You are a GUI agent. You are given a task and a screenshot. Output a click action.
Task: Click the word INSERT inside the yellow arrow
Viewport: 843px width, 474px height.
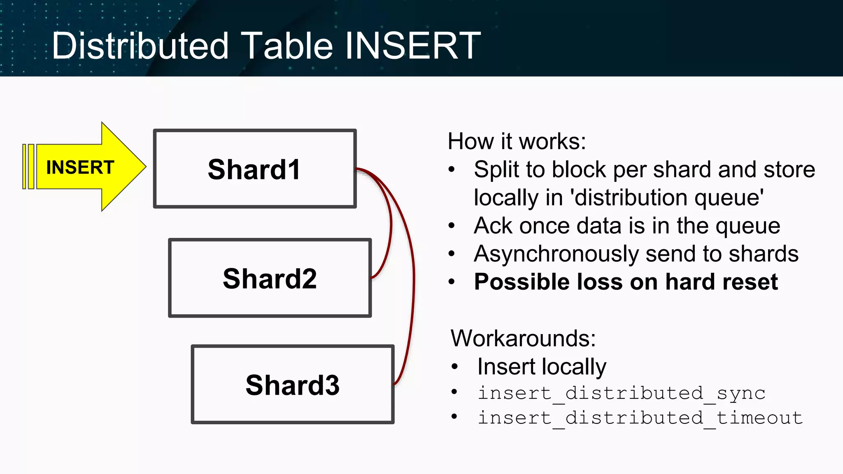(80, 167)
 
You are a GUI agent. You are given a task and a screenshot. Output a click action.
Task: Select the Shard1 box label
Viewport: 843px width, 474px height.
(254, 170)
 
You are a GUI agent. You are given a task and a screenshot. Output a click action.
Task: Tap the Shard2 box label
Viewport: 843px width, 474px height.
(270, 279)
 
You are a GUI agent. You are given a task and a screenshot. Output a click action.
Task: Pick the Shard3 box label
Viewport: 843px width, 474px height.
(292, 385)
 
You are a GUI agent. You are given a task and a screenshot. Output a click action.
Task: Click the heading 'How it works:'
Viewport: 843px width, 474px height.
(517, 142)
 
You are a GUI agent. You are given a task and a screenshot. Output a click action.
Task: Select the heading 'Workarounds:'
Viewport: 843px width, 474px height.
(523, 338)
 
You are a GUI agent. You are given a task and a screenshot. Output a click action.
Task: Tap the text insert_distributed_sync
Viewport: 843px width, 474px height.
(621, 393)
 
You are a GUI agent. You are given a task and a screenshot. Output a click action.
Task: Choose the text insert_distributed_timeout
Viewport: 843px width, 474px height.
(640, 418)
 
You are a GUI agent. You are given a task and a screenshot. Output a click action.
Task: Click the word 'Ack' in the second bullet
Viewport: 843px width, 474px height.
(492, 225)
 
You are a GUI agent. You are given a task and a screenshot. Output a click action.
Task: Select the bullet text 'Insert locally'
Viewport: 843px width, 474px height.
(541, 366)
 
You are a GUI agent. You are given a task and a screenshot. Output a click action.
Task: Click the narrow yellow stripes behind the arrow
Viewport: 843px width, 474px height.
(28, 167)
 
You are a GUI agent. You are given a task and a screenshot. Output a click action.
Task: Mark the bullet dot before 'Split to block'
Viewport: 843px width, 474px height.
(452, 170)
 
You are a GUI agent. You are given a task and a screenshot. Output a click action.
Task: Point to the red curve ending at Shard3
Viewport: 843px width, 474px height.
(413, 288)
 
